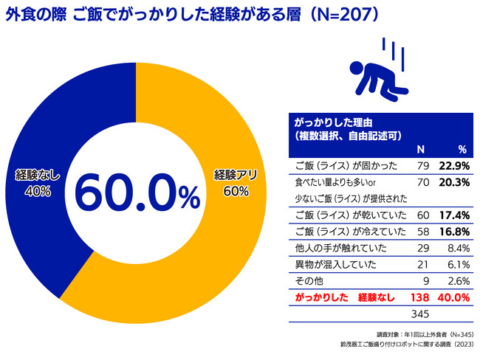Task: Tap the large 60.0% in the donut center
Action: (x=137, y=193)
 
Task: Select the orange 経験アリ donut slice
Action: (x=214, y=243)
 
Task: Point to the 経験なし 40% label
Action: (x=36, y=183)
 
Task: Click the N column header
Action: (x=420, y=148)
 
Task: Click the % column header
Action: (x=462, y=148)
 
